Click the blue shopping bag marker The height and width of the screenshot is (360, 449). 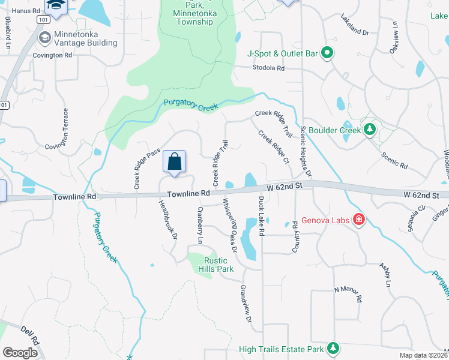[174, 161]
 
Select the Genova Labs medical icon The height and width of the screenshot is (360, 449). [359, 220]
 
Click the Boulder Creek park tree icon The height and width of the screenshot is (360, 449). [370, 130]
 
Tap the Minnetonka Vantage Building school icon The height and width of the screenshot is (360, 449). [45, 38]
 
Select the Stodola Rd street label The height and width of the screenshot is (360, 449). [268, 68]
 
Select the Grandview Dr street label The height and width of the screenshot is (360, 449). [245, 304]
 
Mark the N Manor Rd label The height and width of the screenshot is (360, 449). [348, 294]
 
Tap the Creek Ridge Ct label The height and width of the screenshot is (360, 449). [274, 147]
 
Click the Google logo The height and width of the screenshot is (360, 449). [20, 352]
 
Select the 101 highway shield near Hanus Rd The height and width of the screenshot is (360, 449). [42, 20]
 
